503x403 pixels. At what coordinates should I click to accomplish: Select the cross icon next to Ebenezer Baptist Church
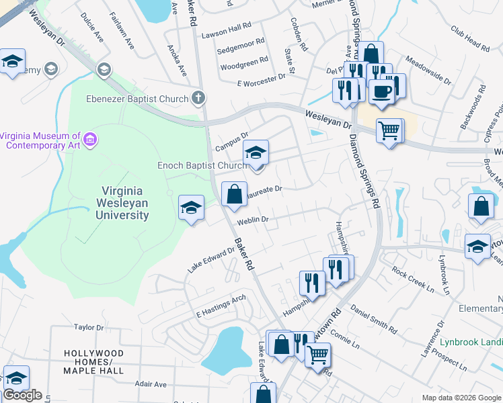click(x=198, y=99)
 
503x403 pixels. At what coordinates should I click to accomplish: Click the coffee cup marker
click(x=382, y=93)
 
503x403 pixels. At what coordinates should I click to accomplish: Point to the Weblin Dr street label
click(x=252, y=220)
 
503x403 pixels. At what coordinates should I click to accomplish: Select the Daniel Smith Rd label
click(x=374, y=321)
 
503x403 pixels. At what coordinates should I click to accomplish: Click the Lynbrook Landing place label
click(x=471, y=341)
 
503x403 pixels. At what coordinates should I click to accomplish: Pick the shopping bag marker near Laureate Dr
click(x=233, y=194)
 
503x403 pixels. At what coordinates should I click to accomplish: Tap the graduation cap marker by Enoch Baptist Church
click(x=256, y=153)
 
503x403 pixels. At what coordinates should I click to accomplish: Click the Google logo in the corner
click(x=22, y=395)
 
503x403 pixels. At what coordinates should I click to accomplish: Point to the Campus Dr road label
click(x=232, y=141)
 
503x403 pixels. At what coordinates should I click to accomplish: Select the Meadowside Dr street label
click(x=428, y=71)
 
